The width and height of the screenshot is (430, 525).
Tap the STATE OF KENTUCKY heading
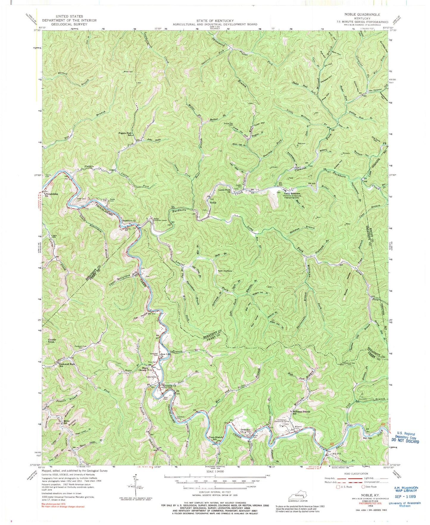[x=215, y=20]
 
